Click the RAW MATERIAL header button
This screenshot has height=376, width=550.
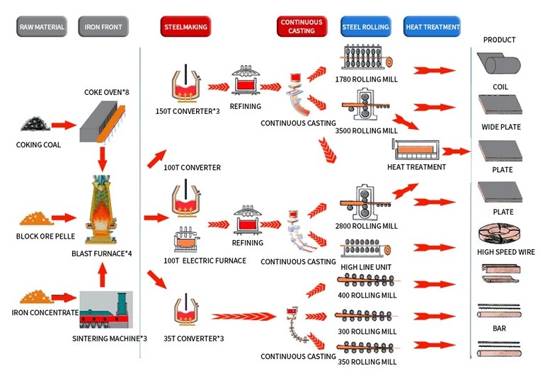[x=41, y=27]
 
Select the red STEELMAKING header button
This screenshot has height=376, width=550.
[x=185, y=27]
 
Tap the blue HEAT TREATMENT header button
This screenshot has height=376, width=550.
[x=432, y=27]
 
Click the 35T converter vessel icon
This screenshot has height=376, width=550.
[x=187, y=312]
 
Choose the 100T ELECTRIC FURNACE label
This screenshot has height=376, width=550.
[x=205, y=261]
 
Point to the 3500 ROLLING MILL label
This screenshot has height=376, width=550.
[x=366, y=130]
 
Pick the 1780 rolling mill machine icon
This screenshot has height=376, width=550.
[x=368, y=59]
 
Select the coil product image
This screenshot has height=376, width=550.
[x=500, y=66]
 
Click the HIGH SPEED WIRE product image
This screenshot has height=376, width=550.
[x=500, y=234]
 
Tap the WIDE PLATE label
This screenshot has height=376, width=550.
[x=500, y=127]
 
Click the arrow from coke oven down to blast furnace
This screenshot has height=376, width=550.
[x=102, y=158]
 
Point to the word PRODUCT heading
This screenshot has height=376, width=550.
[x=500, y=40]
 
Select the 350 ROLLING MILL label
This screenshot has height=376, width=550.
[x=365, y=362]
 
